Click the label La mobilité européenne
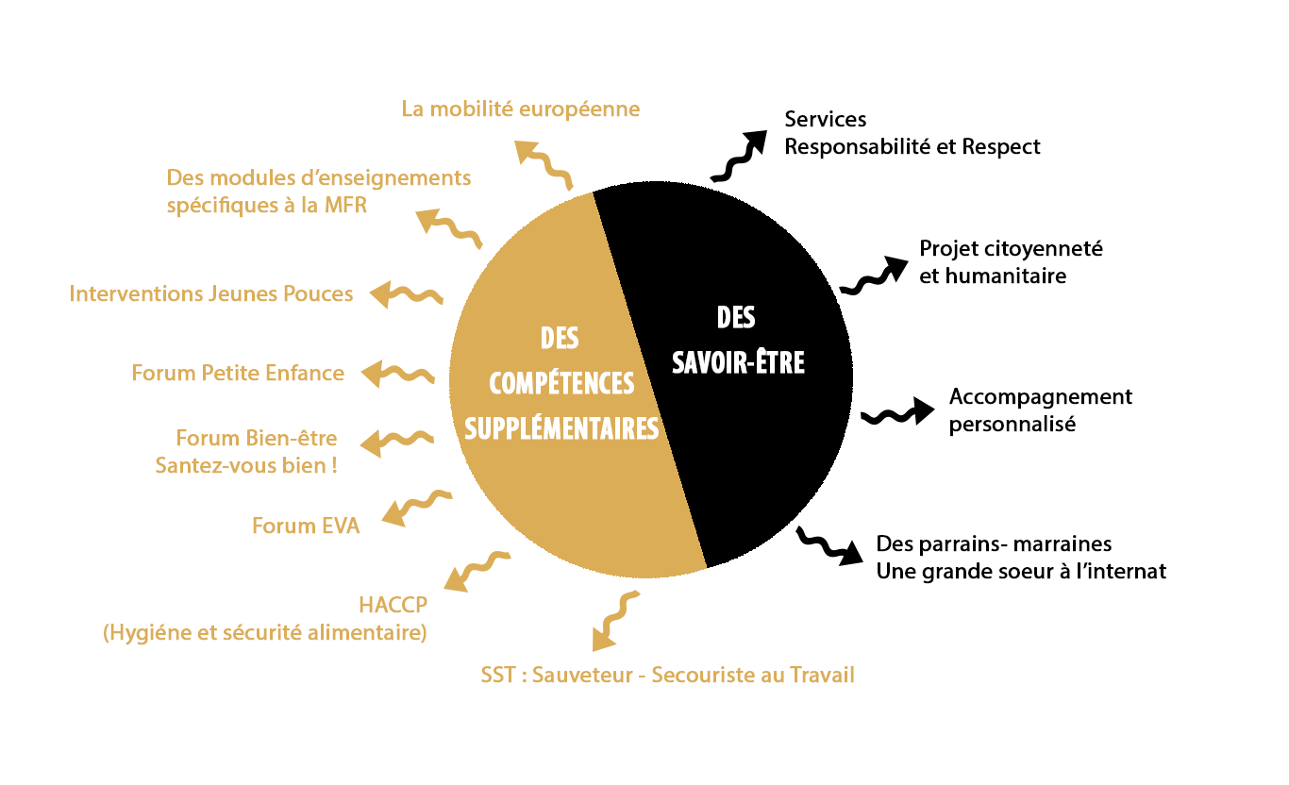520,109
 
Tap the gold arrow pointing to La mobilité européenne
544,164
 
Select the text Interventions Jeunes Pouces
210,293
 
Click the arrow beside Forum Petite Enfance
397,374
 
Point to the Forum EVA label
306,526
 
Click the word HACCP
393,605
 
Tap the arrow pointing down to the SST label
614,621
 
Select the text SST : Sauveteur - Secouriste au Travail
667,675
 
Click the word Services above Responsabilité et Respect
825,119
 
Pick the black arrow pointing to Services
739,156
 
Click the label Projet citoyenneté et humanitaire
1011,262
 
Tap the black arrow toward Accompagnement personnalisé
897,412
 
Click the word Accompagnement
1041,396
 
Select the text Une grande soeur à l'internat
1021,571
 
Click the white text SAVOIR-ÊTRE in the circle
738,362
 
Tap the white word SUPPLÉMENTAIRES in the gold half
561,428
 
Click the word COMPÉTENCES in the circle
561,383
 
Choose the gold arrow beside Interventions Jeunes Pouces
407,294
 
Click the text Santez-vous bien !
246,465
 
